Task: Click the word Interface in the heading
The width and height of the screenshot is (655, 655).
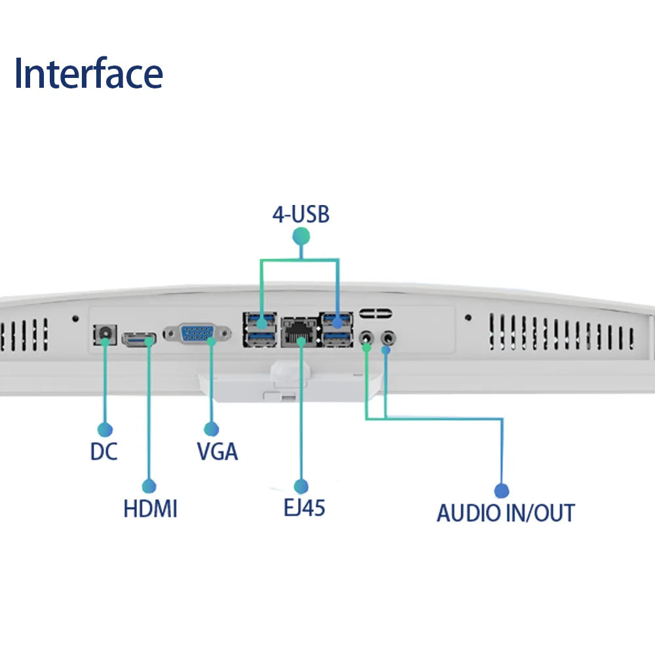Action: [88, 74]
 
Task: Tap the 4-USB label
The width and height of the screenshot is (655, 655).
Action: [301, 214]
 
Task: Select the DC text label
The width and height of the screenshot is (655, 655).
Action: [103, 452]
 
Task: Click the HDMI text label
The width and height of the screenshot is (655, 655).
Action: [150, 509]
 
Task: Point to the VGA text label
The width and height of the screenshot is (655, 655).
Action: [217, 452]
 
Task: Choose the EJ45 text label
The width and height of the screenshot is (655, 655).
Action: [301, 508]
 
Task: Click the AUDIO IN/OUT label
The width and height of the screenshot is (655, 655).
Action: [505, 513]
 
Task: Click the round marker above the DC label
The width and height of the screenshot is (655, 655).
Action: [104, 430]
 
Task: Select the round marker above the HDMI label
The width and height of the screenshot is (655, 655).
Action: [149, 487]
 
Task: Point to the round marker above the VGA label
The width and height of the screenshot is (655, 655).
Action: [211, 430]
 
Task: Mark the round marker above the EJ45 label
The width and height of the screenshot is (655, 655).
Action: [301, 486]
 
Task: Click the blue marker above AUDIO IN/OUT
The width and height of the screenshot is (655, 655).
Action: [501, 491]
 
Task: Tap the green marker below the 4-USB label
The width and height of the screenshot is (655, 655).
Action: [301, 236]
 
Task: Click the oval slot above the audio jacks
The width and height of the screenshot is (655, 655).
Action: [375, 314]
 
